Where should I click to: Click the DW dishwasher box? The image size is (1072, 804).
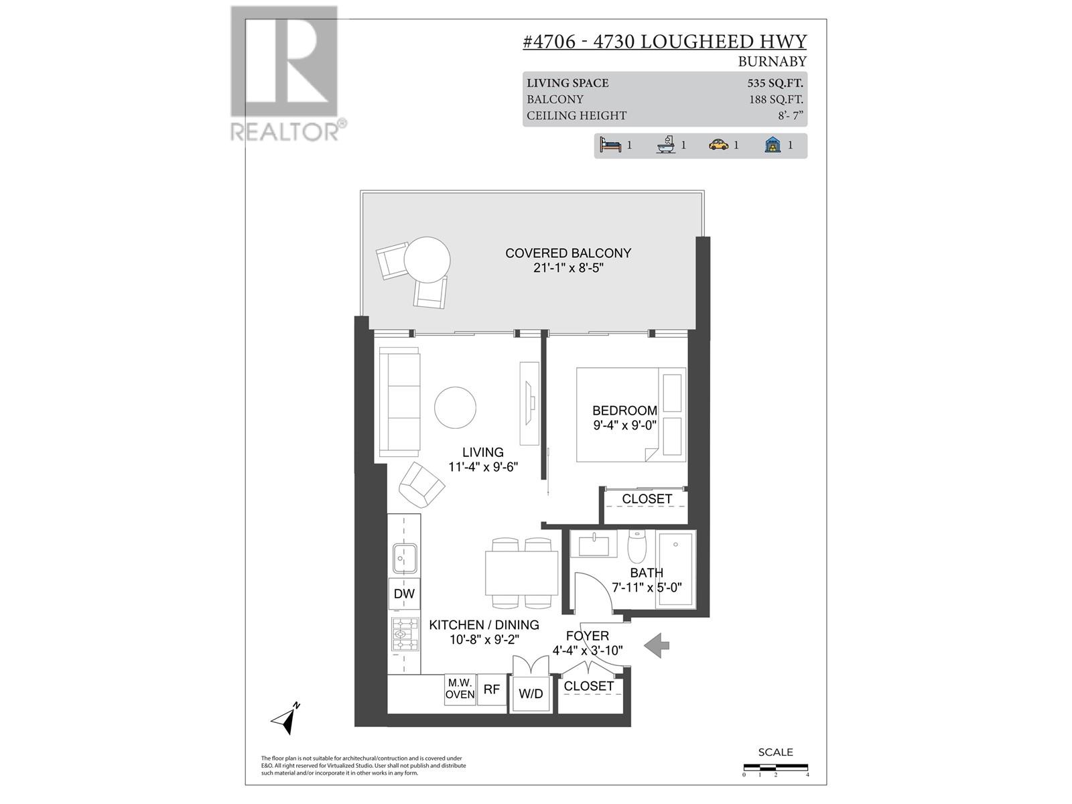tap(404, 594)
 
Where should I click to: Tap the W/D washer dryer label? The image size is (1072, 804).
tap(531, 694)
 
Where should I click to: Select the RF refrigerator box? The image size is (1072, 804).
tap(492, 689)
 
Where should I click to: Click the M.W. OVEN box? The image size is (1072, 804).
tap(460, 689)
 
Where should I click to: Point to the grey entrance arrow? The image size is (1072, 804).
tap(657, 645)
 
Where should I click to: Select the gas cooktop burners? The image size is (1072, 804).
tap(404, 634)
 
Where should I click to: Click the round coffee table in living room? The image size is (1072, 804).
tap(456, 408)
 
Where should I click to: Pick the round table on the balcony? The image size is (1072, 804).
tap(427, 260)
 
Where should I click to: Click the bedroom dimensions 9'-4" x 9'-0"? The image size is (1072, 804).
tap(624, 424)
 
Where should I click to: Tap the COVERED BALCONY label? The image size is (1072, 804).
tap(568, 253)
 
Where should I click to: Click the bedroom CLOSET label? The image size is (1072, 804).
tap(647, 499)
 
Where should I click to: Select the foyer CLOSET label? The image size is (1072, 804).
tap(588, 687)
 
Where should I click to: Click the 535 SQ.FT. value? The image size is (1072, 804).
tap(775, 83)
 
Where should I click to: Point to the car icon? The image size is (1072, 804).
tap(718, 145)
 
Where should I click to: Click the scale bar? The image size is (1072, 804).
tap(775, 767)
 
